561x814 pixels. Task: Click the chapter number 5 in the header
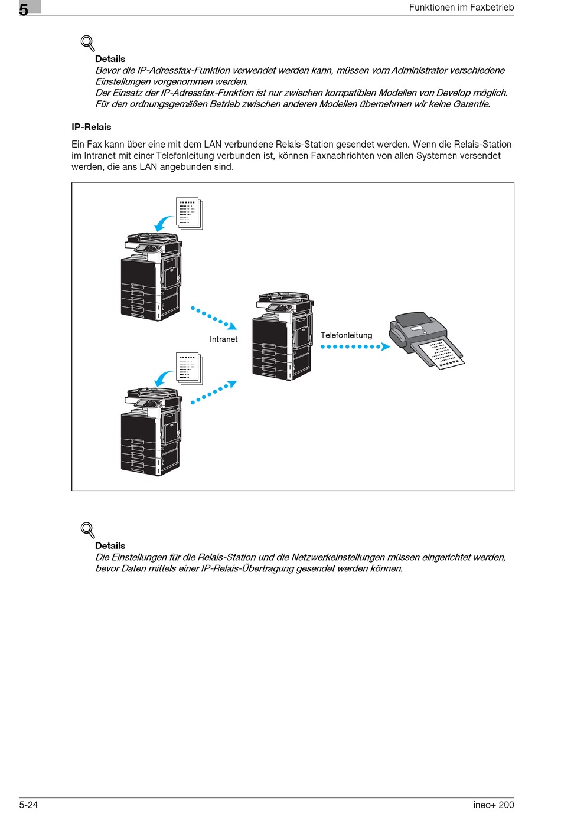click(x=24, y=9)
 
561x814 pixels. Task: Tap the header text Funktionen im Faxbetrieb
click(x=461, y=8)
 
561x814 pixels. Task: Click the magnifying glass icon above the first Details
click(x=87, y=43)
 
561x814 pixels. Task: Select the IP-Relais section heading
click(x=92, y=127)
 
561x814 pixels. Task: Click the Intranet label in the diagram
click(x=223, y=339)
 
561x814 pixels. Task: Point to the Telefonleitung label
click(x=346, y=335)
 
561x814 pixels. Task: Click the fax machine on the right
click(x=425, y=339)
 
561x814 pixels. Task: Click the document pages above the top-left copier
click(x=190, y=213)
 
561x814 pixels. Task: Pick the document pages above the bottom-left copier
click(x=190, y=368)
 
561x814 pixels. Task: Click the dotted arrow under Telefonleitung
click(x=355, y=347)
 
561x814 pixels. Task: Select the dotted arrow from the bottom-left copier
click(x=213, y=393)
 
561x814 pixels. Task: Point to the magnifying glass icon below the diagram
click(x=87, y=530)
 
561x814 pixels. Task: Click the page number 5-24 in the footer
click(x=28, y=805)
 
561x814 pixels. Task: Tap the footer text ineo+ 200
click(x=493, y=805)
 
